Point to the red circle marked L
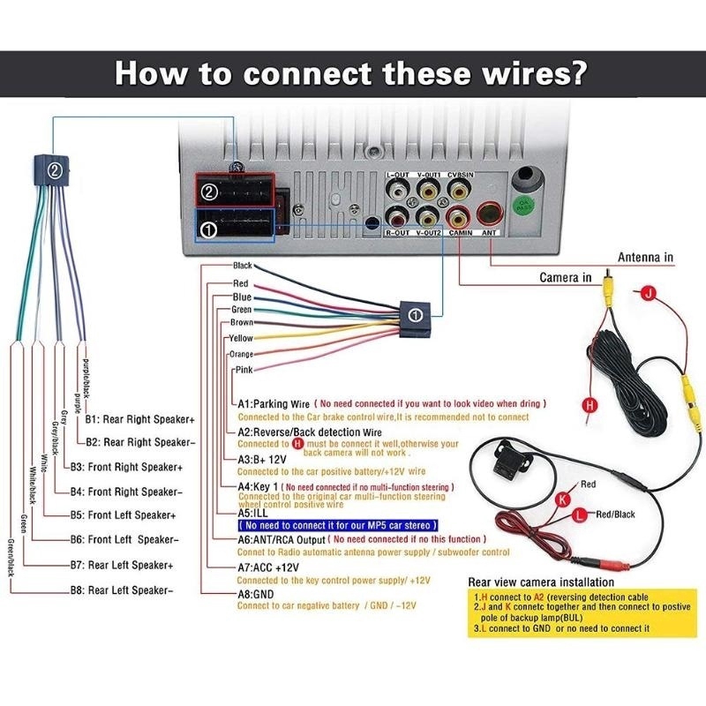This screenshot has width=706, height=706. click(x=578, y=514)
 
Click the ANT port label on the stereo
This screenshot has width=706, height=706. click(x=490, y=234)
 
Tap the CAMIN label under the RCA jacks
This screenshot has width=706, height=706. click(x=460, y=234)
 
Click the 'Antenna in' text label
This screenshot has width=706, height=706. click(x=645, y=258)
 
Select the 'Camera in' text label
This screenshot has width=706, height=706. click(x=566, y=277)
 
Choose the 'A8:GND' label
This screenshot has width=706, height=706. click(x=257, y=595)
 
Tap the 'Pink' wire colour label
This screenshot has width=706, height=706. click(x=244, y=369)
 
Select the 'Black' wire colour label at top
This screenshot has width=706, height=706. click(x=243, y=266)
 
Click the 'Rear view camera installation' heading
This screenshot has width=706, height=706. click(x=541, y=582)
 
